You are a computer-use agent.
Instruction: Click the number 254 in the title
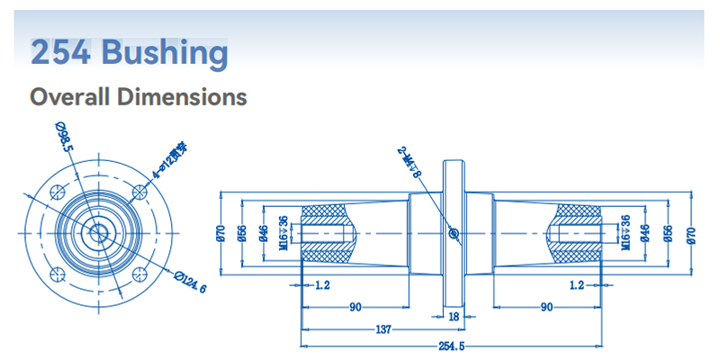(x=60, y=52)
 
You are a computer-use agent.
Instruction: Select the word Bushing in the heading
(x=165, y=52)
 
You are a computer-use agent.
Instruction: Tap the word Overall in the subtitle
(x=72, y=96)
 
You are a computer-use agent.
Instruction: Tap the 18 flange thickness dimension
(x=454, y=317)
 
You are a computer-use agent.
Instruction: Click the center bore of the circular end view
(x=97, y=233)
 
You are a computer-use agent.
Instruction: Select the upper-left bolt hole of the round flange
(x=56, y=192)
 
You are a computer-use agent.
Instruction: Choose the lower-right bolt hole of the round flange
(x=139, y=274)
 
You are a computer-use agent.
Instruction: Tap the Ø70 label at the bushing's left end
(x=220, y=233)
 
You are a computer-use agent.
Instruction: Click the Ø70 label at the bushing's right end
(x=690, y=233)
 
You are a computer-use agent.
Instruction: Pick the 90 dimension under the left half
(x=355, y=307)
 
